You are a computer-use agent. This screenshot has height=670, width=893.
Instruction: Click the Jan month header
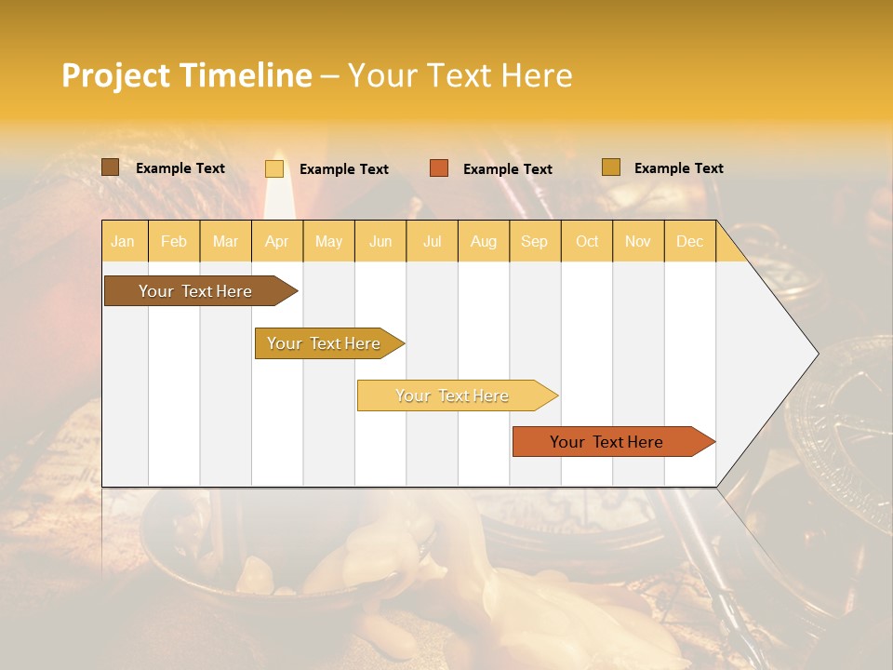click(x=123, y=241)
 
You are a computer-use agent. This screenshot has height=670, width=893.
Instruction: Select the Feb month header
click(x=174, y=241)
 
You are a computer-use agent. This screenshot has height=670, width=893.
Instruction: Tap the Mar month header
click(x=225, y=241)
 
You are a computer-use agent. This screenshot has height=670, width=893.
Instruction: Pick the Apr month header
click(x=277, y=241)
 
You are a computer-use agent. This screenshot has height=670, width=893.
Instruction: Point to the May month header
click(x=328, y=241)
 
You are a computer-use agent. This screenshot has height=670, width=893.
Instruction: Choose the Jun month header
click(x=380, y=241)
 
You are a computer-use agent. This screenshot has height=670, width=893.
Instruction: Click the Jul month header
click(x=432, y=241)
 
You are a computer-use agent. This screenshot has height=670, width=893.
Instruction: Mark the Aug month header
click(x=484, y=241)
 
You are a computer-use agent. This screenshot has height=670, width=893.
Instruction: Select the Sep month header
click(x=535, y=241)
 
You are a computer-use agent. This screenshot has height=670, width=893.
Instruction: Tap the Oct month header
click(x=587, y=241)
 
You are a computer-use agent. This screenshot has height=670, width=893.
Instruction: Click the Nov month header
click(x=638, y=241)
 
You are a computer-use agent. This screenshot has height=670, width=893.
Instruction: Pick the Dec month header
click(x=689, y=241)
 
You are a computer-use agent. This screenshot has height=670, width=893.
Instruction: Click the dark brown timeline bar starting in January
click(x=196, y=291)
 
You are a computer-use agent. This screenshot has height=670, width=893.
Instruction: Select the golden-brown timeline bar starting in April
click(x=325, y=343)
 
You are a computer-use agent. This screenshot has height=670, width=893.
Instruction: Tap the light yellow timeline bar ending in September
click(x=453, y=395)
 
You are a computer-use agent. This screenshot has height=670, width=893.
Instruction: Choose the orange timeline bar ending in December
click(x=607, y=442)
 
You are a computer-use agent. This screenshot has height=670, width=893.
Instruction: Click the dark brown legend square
click(x=110, y=167)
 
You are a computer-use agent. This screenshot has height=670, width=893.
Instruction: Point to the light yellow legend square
click(x=274, y=168)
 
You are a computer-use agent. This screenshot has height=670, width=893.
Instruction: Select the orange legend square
click(x=439, y=168)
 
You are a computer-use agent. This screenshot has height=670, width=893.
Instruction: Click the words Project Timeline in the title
click(x=187, y=75)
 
